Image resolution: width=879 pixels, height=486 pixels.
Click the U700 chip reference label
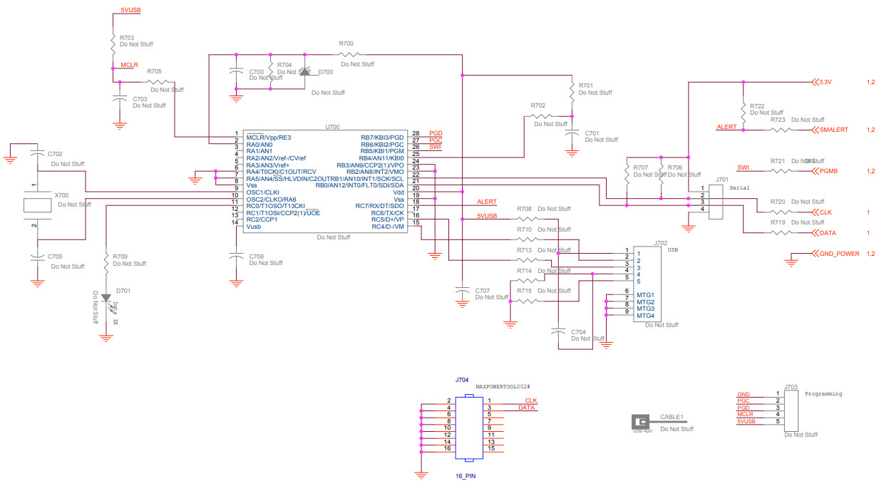click(x=332, y=126)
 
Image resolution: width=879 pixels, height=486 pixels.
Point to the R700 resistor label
click(x=346, y=44)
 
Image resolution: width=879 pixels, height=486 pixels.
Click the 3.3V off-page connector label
click(x=826, y=82)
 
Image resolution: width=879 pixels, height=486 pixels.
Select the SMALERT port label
click(x=833, y=130)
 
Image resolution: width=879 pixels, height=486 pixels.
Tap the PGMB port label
click(x=828, y=171)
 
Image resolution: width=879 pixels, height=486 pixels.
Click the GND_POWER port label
click(x=839, y=254)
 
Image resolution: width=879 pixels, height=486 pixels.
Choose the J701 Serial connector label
click(x=722, y=180)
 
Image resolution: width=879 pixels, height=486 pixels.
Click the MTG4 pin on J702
click(x=645, y=316)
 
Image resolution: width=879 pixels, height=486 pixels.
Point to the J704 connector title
click(x=462, y=380)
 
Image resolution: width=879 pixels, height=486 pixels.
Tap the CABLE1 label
click(x=672, y=417)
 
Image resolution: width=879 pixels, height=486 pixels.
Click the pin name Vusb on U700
click(x=254, y=227)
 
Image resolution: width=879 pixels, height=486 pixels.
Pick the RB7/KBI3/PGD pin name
click(x=382, y=137)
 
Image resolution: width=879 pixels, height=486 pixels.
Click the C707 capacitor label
click(x=483, y=290)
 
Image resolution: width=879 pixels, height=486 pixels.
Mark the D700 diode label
click(x=325, y=72)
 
